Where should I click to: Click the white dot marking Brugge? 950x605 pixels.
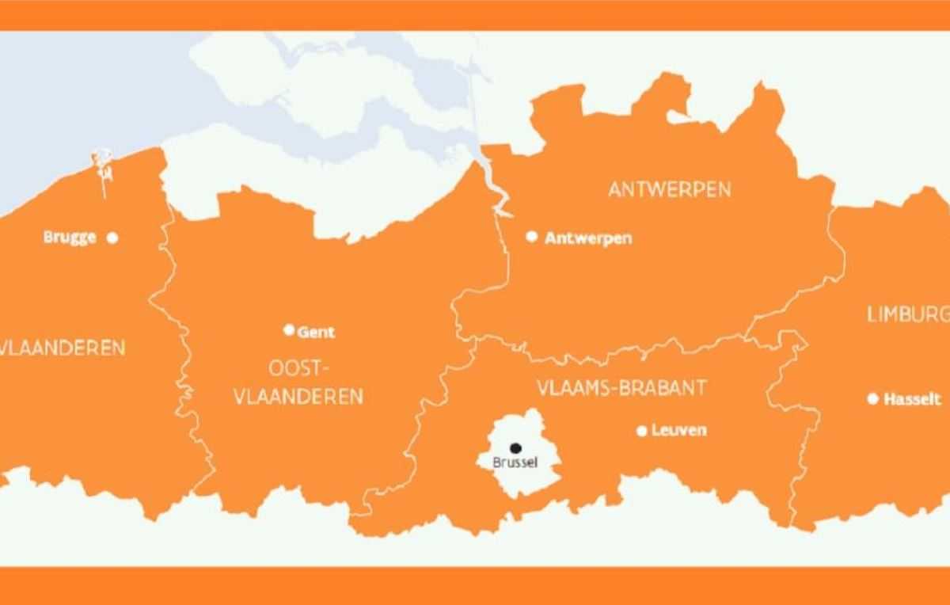pyautogui.click(x=112, y=237)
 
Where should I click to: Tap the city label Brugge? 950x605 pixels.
pyautogui.click(x=70, y=238)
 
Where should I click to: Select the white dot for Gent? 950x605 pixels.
pyautogui.click(x=289, y=330)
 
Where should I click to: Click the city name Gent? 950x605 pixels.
pyautogui.click(x=316, y=332)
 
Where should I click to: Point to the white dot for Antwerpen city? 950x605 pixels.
pyautogui.click(x=532, y=237)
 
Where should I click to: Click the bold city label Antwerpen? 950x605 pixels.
pyautogui.click(x=588, y=238)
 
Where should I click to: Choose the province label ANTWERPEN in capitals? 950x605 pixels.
pyautogui.click(x=669, y=190)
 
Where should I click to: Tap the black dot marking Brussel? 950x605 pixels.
pyautogui.click(x=515, y=448)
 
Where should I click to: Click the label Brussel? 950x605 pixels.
pyautogui.click(x=515, y=462)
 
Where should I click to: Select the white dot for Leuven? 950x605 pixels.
pyautogui.click(x=642, y=431)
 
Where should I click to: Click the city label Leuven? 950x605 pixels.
pyautogui.click(x=679, y=431)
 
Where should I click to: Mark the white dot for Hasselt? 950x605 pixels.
pyautogui.click(x=873, y=399)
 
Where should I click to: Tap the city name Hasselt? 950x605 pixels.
pyautogui.click(x=913, y=400)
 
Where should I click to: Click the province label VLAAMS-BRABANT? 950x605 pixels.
pyautogui.click(x=621, y=388)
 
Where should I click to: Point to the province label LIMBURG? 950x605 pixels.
pyautogui.click(x=907, y=314)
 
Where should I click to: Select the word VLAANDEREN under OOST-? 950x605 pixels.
pyautogui.click(x=298, y=396)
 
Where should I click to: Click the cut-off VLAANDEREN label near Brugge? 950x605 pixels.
pyautogui.click(x=63, y=348)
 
